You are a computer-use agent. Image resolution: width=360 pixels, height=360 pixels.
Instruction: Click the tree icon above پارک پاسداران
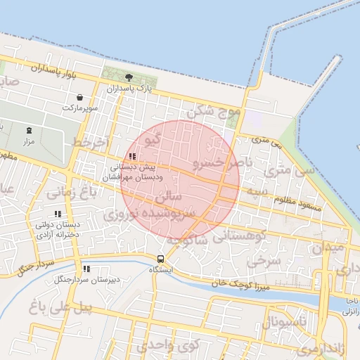pos(129,77)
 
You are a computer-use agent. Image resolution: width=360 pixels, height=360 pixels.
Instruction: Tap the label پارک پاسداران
pos(129,89)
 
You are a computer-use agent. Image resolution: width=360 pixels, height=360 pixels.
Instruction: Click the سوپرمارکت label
pos(78,108)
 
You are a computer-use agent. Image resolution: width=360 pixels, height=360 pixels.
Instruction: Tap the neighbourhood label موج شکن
pos(214,110)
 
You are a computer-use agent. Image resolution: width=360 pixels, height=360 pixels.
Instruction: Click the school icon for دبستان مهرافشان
pos(131,156)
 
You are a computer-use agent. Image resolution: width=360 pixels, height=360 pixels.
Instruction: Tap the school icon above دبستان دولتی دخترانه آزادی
pos(58,214)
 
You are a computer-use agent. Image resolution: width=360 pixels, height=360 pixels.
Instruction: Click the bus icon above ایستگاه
pos(162,259)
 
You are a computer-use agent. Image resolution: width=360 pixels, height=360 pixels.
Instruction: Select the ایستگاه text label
pos(162,269)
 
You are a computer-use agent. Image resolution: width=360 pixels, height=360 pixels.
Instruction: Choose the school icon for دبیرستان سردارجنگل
pos(86,269)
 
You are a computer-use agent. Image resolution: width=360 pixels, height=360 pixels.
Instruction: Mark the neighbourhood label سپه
pos(256,191)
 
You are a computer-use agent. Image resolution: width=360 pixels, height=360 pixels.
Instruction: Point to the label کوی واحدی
pos(168,345)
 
